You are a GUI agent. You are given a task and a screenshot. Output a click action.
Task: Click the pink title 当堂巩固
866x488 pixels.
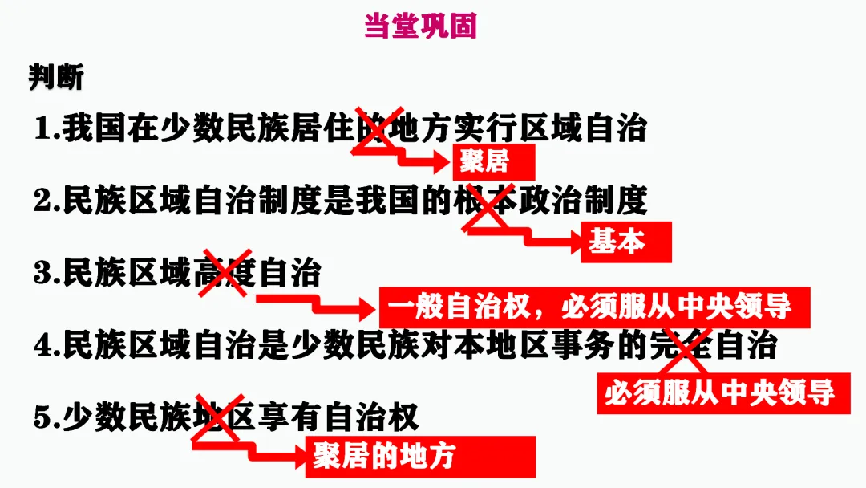pyautogui.click(x=420, y=26)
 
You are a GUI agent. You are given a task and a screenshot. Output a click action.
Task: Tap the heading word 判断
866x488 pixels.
pyautogui.click(x=56, y=78)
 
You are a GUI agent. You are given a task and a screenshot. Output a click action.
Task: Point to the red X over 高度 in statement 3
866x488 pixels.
pyautogui.click(x=224, y=272)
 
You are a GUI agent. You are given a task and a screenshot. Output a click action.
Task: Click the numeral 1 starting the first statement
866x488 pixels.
pyautogui.click(x=42, y=130)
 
